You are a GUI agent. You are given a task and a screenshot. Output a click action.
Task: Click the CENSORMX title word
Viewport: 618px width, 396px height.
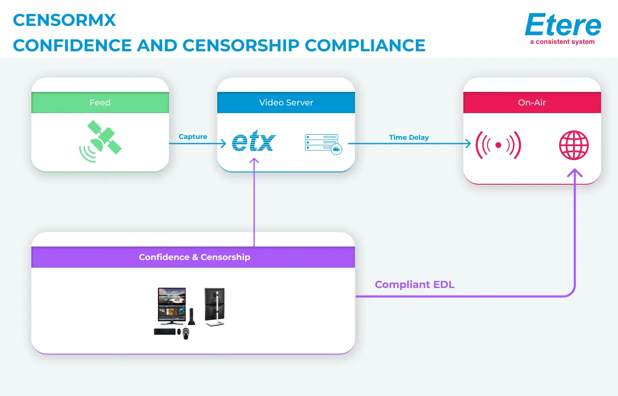point(64,20)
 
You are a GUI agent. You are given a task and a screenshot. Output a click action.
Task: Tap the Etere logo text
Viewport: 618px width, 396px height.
point(563,25)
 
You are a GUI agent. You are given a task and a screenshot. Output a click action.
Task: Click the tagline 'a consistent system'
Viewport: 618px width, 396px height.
point(562,42)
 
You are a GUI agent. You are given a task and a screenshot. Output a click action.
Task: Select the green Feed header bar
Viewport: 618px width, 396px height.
point(100,102)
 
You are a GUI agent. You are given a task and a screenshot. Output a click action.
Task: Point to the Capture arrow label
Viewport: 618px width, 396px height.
point(193,136)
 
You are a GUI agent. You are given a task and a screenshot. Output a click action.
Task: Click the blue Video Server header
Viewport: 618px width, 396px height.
point(286,102)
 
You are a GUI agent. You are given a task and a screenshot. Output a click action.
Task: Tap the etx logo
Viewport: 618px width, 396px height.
point(253,141)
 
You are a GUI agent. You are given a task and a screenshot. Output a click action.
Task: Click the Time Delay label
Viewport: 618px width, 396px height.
point(409,137)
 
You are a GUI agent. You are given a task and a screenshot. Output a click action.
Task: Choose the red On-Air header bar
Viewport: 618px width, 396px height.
point(532,102)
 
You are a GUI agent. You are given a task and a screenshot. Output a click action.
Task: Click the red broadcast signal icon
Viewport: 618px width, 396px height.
point(498,145)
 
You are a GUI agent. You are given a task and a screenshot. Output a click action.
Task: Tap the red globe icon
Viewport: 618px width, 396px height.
point(574,145)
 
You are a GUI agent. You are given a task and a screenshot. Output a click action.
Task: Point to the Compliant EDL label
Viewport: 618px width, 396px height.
point(414,285)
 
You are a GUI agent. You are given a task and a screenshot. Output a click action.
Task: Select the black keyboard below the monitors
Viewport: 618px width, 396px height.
point(164,332)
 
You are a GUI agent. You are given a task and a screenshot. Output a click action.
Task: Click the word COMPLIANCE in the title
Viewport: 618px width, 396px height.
point(365,46)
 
